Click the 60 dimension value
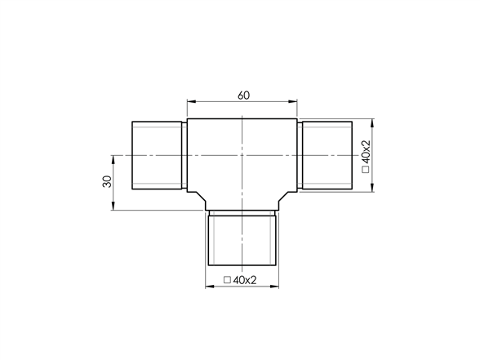coord(243,96)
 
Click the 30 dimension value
coord(107,181)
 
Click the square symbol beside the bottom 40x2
coord(227,280)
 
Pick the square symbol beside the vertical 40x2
coord(366,170)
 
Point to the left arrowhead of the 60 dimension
coord(191,101)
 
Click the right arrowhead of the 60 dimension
coord(292,101)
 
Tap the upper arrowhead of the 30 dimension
coord(113,160)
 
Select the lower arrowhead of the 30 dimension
coord(113,206)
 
